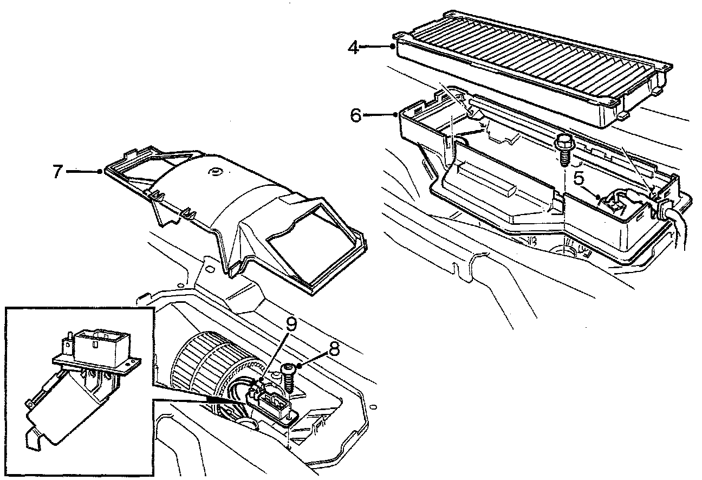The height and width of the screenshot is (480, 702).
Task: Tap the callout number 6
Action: [355, 116]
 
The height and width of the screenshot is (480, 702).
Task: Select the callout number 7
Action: [58, 172]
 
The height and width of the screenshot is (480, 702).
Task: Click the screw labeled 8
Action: [287, 376]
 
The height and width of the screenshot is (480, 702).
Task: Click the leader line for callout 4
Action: [378, 47]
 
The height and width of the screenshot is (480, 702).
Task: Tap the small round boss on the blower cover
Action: [215, 174]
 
